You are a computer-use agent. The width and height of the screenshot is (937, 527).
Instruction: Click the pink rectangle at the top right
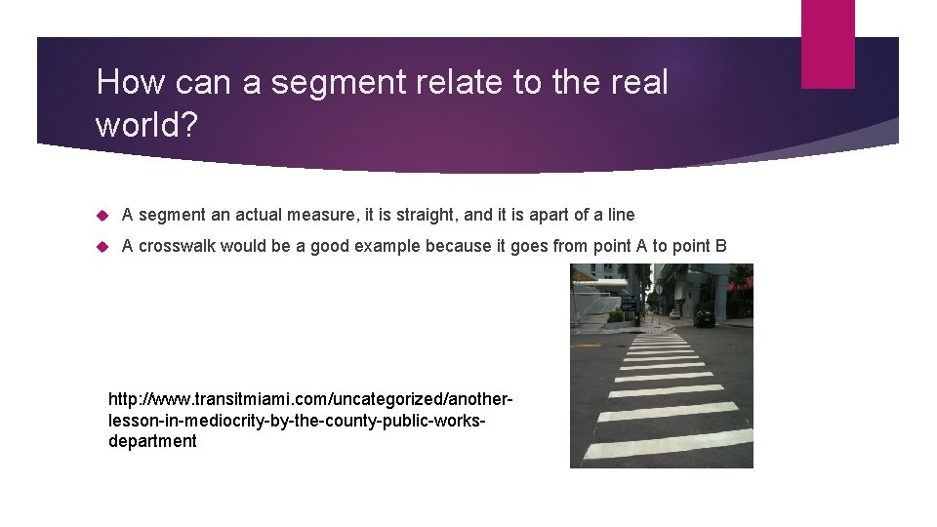click(x=828, y=44)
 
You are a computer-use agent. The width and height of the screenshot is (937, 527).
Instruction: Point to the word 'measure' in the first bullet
click(x=292, y=215)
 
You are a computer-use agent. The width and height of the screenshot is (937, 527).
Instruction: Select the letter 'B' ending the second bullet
click(x=720, y=246)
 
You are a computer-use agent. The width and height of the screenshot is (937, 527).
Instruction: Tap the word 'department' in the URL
click(x=152, y=441)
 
